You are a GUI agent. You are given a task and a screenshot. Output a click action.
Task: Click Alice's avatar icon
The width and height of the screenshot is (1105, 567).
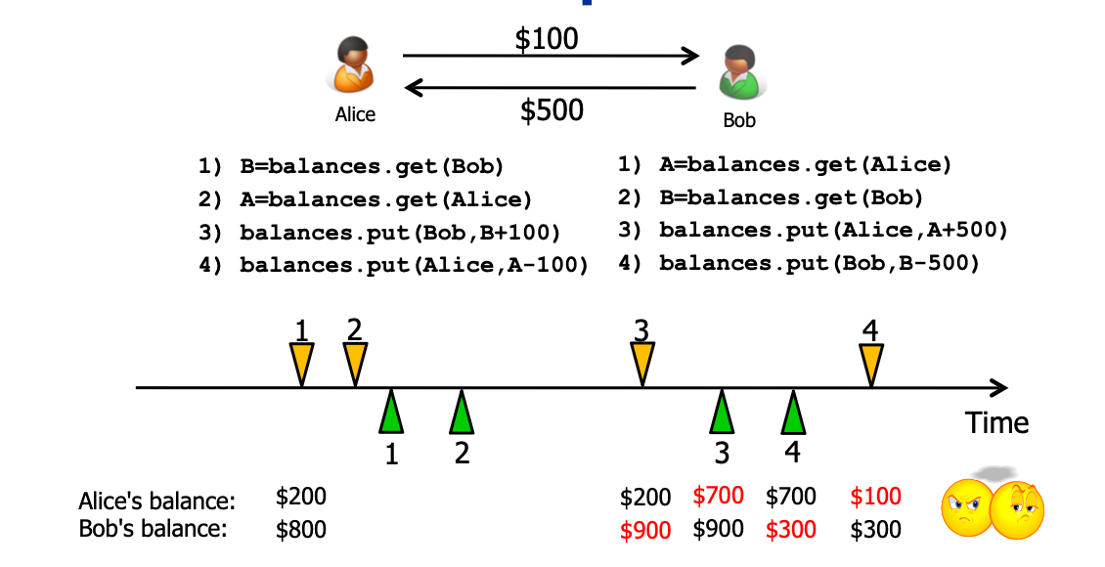tap(354, 66)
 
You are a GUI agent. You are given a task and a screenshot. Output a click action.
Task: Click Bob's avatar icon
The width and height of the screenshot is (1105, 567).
tap(738, 73)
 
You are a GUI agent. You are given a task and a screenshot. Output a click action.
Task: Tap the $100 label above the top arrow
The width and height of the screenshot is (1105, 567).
tap(547, 39)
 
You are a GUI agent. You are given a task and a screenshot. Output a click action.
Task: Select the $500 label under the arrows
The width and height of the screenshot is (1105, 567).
tap(552, 109)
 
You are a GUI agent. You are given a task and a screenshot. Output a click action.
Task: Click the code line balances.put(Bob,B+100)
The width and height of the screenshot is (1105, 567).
tap(386, 232)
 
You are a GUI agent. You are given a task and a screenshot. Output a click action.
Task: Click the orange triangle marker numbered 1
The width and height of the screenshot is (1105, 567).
tap(302, 364)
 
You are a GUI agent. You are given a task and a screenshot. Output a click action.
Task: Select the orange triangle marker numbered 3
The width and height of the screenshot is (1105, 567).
tap(641, 364)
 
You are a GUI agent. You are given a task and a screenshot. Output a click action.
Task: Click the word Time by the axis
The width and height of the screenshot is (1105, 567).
tap(996, 422)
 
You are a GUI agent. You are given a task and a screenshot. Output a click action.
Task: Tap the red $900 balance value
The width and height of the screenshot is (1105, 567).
tap(645, 530)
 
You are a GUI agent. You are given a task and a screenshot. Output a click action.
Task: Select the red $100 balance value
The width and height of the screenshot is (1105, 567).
tap(875, 497)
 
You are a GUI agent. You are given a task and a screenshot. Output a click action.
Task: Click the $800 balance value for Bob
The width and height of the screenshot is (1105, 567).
tap(301, 530)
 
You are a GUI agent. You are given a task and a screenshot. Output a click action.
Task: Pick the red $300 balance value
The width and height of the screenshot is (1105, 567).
tap(790, 530)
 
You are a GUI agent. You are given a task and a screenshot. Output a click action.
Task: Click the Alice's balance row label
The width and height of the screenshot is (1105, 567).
tap(156, 502)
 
